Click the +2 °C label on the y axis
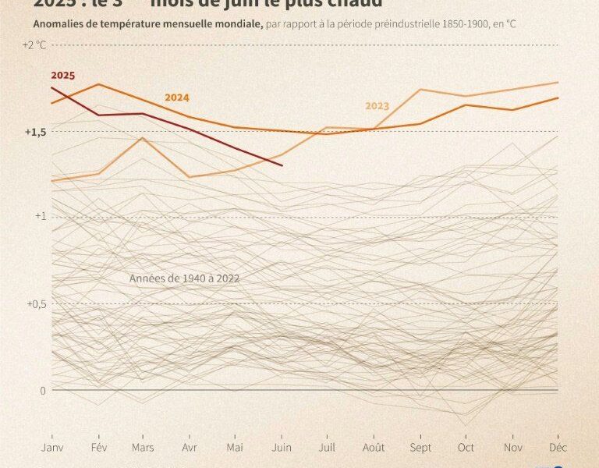(35, 45)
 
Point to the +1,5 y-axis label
(34, 132)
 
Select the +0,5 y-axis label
(34, 303)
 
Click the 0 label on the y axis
(44, 390)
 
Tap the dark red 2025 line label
(62, 76)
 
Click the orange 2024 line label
(176, 97)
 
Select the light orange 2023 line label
(377, 106)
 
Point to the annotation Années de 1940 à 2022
(184, 278)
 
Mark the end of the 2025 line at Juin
(282, 165)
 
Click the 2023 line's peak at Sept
(420, 90)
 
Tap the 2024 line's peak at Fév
(99, 84)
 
